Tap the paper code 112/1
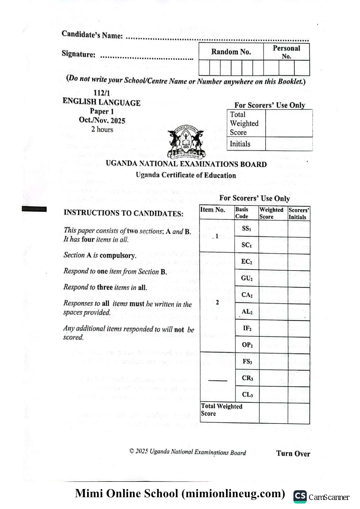coord(102,93)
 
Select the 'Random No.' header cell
coord(231,52)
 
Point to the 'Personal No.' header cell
coord(286,52)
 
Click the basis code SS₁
coord(246,229)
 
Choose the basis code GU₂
coord(247,278)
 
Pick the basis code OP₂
coord(247,345)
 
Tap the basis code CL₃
coord(247,394)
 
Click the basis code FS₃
coord(247,361)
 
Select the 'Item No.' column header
coord(213,210)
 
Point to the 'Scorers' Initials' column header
coord(299,213)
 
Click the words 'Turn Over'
coord(293,453)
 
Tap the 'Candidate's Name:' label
coord(92,35)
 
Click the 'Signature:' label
coord(78,54)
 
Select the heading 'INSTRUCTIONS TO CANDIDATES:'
coord(123,213)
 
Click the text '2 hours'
coord(102,129)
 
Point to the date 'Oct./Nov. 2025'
coord(102,120)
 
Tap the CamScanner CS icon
coord(300,497)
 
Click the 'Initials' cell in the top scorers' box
coord(240,144)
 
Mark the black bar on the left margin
coord(34,209)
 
